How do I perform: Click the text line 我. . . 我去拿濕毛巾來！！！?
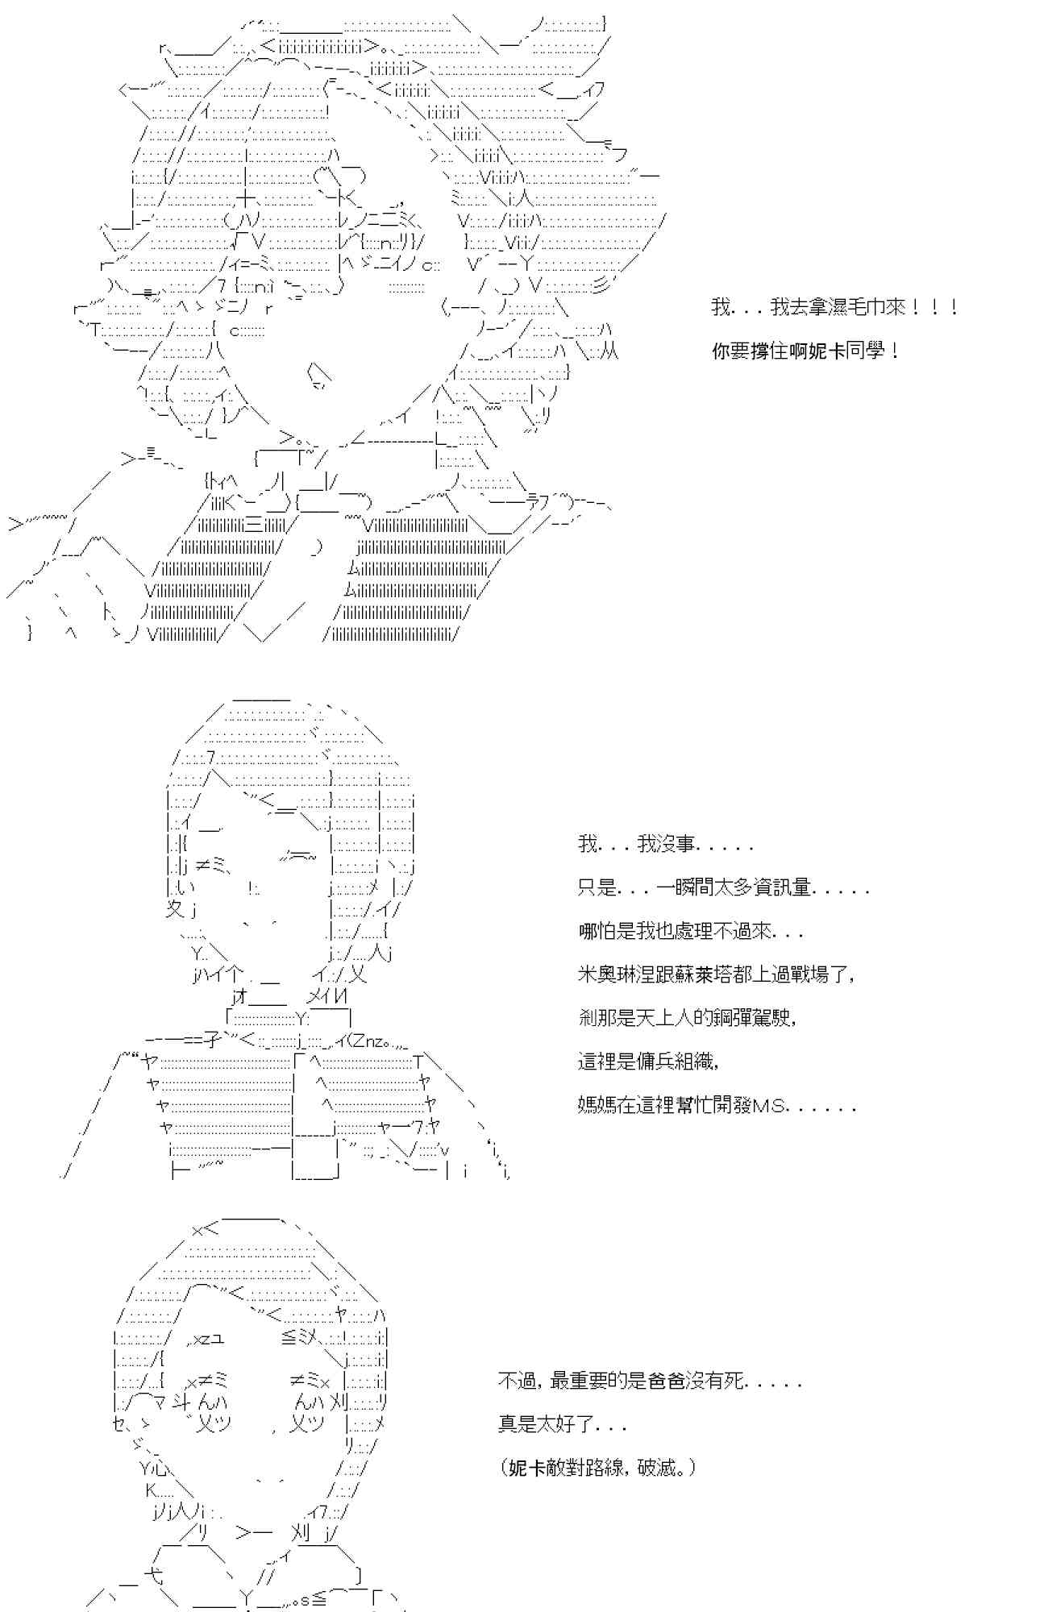point(834,307)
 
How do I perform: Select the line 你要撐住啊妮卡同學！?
point(805,351)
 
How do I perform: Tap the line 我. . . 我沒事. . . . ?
point(666,845)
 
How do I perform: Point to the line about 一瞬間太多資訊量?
point(723,888)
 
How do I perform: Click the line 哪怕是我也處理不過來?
point(690,932)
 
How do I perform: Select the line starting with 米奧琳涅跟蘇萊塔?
point(715,974)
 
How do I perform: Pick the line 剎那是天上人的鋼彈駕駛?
point(688,1017)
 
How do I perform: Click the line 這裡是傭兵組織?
point(648,1061)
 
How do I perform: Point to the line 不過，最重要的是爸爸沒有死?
point(650,1382)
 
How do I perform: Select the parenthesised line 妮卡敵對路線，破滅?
point(597,1468)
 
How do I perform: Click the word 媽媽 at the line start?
point(597,1104)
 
